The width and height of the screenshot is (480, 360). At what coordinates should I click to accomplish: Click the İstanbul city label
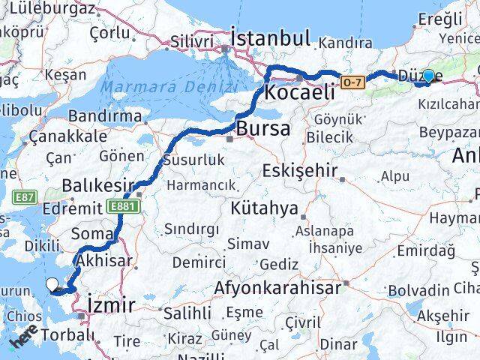270,37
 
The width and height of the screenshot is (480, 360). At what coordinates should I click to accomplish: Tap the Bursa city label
262,129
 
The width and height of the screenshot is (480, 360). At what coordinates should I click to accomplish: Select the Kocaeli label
298,93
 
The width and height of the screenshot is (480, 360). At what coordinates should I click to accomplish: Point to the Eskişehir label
300,171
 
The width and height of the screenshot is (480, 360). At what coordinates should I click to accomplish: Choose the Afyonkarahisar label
277,287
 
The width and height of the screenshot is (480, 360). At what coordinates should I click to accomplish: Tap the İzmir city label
111,305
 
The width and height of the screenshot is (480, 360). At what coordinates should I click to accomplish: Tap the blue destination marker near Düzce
428,76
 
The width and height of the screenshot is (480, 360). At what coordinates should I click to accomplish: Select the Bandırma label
104,116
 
